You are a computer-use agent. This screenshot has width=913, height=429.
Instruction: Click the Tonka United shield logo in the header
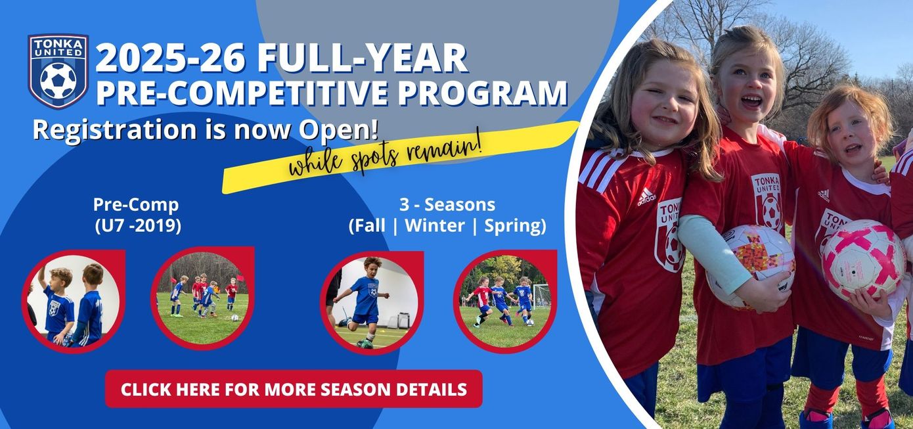coord(58,72)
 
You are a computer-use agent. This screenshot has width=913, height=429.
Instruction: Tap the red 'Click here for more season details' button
coord(294,389)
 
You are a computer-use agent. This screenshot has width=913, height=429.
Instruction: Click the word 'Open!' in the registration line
coord(338,129)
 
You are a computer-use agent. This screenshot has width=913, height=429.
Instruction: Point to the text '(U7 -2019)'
coord(138,225)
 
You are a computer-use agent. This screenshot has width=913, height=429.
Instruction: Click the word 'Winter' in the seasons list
coord(434,225)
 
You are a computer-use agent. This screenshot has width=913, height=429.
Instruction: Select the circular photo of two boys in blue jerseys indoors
coord(73,300)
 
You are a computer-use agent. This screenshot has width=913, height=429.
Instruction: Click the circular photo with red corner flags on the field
coord(202,298)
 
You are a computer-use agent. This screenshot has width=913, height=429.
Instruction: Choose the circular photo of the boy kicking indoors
coord(371,302)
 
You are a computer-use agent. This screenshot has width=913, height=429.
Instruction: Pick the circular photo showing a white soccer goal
coord(505,302)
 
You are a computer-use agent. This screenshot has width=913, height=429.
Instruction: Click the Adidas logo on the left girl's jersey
coord(646,196)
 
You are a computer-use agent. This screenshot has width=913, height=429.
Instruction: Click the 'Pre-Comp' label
coord(136,205)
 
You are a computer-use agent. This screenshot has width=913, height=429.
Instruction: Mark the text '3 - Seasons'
coord(447,205)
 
